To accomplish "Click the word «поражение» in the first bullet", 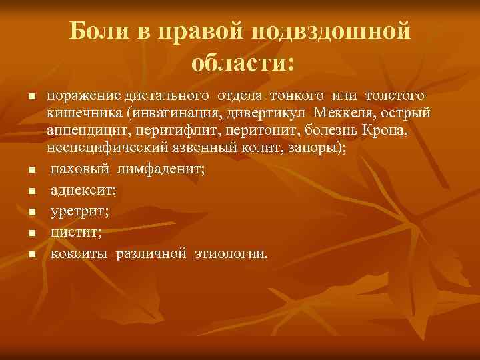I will tap(80, 99).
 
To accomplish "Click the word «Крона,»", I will tap(385, 131).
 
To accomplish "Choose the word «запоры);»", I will tap(317, 147).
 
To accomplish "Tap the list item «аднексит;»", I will tap(83, 191).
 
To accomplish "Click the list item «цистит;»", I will tap(76, 233).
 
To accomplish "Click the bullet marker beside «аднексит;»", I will tap(32, 191).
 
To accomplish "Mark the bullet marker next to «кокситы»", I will tap(32, 255).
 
